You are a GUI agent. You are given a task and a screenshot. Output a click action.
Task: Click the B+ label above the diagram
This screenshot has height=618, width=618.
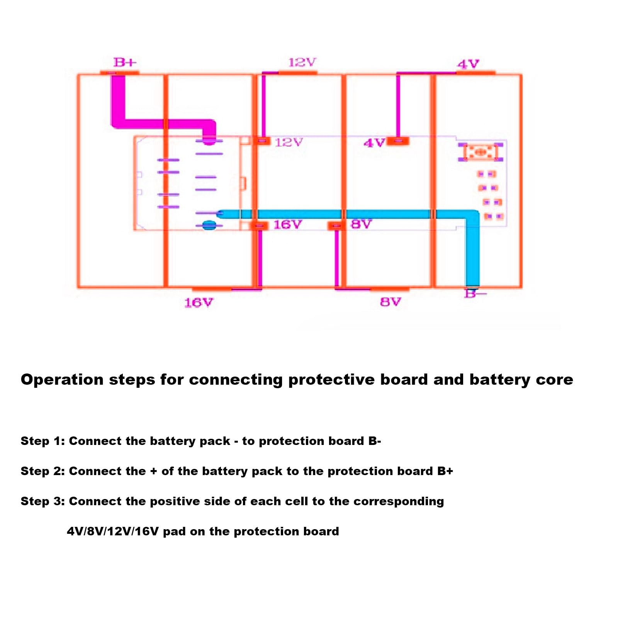[125, 62]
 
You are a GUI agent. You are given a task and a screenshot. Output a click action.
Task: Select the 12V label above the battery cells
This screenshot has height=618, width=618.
[302, 62]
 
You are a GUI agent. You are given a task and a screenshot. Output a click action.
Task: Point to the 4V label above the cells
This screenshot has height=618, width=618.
[468, 64]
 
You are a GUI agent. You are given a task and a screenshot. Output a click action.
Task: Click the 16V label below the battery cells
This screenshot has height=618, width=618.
[199, 302]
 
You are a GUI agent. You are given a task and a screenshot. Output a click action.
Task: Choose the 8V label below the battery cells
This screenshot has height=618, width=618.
[390, 302]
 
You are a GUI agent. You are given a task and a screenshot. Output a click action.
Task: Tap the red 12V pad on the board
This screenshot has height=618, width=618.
[264, 141]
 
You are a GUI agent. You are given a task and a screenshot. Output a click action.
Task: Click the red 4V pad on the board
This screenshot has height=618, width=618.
[398, 141]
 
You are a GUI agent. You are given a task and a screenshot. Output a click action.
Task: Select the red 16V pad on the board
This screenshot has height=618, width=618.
[260, 225]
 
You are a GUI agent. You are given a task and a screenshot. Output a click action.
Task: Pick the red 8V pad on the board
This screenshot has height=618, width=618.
[336, 225]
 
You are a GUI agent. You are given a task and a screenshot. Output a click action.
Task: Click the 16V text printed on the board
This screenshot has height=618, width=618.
[287, 224]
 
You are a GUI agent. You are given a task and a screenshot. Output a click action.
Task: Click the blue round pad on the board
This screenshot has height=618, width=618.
[209, 225]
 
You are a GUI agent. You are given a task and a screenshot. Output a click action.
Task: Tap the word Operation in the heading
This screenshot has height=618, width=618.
[62, 380]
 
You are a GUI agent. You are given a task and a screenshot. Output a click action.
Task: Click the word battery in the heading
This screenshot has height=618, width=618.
[499, 380]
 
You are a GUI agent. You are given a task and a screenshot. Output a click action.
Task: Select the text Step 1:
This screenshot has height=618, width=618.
[42, 441]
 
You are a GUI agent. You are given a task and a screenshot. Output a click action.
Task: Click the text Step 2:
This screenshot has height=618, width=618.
[42, 471]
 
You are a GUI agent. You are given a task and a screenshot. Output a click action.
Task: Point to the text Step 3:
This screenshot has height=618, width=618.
[42, 501]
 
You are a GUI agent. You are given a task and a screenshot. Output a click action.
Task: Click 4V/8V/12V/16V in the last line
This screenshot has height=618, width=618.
[112, 531]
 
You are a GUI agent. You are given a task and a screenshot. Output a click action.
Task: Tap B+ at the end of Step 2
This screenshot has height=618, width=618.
[445, 471]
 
